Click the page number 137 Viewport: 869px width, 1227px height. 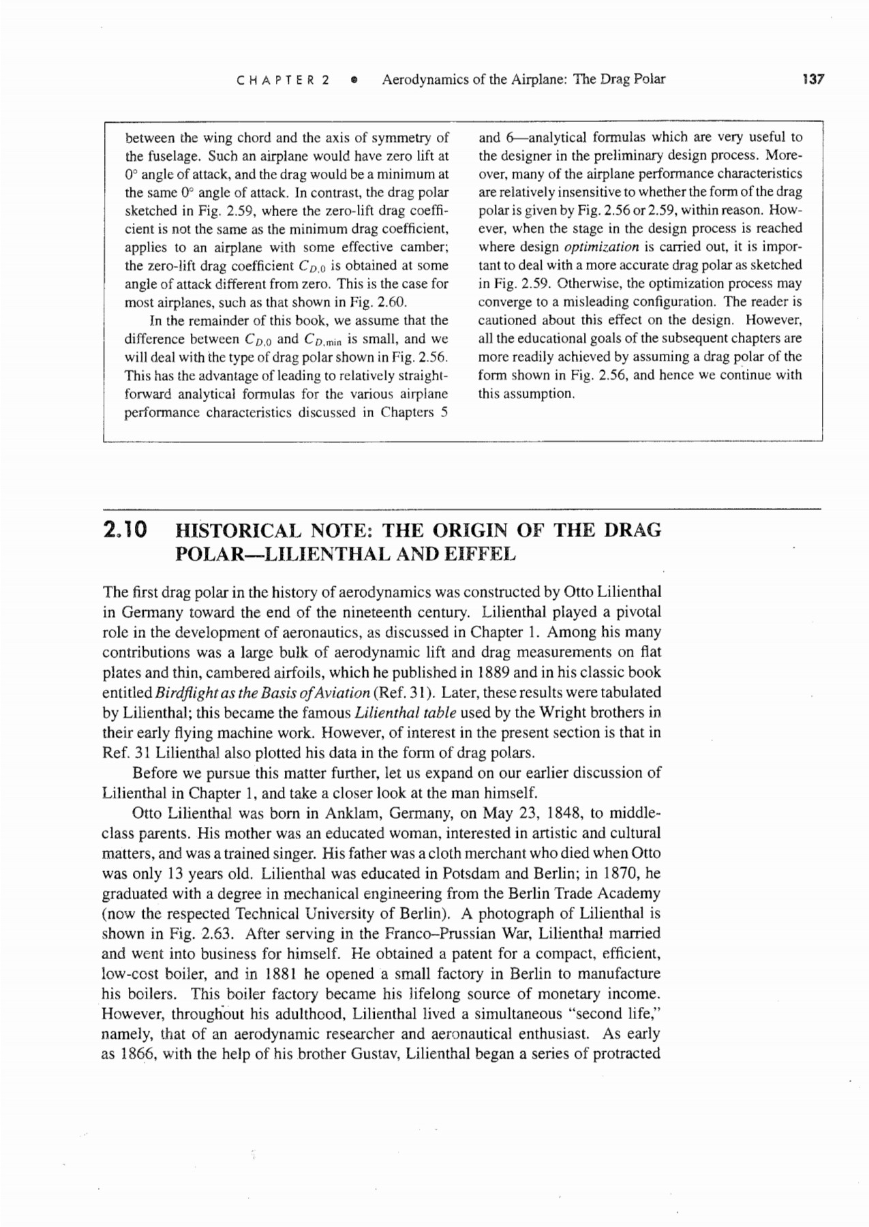tap(814, 79)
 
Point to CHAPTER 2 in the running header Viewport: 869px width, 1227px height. tap(283, 80)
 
